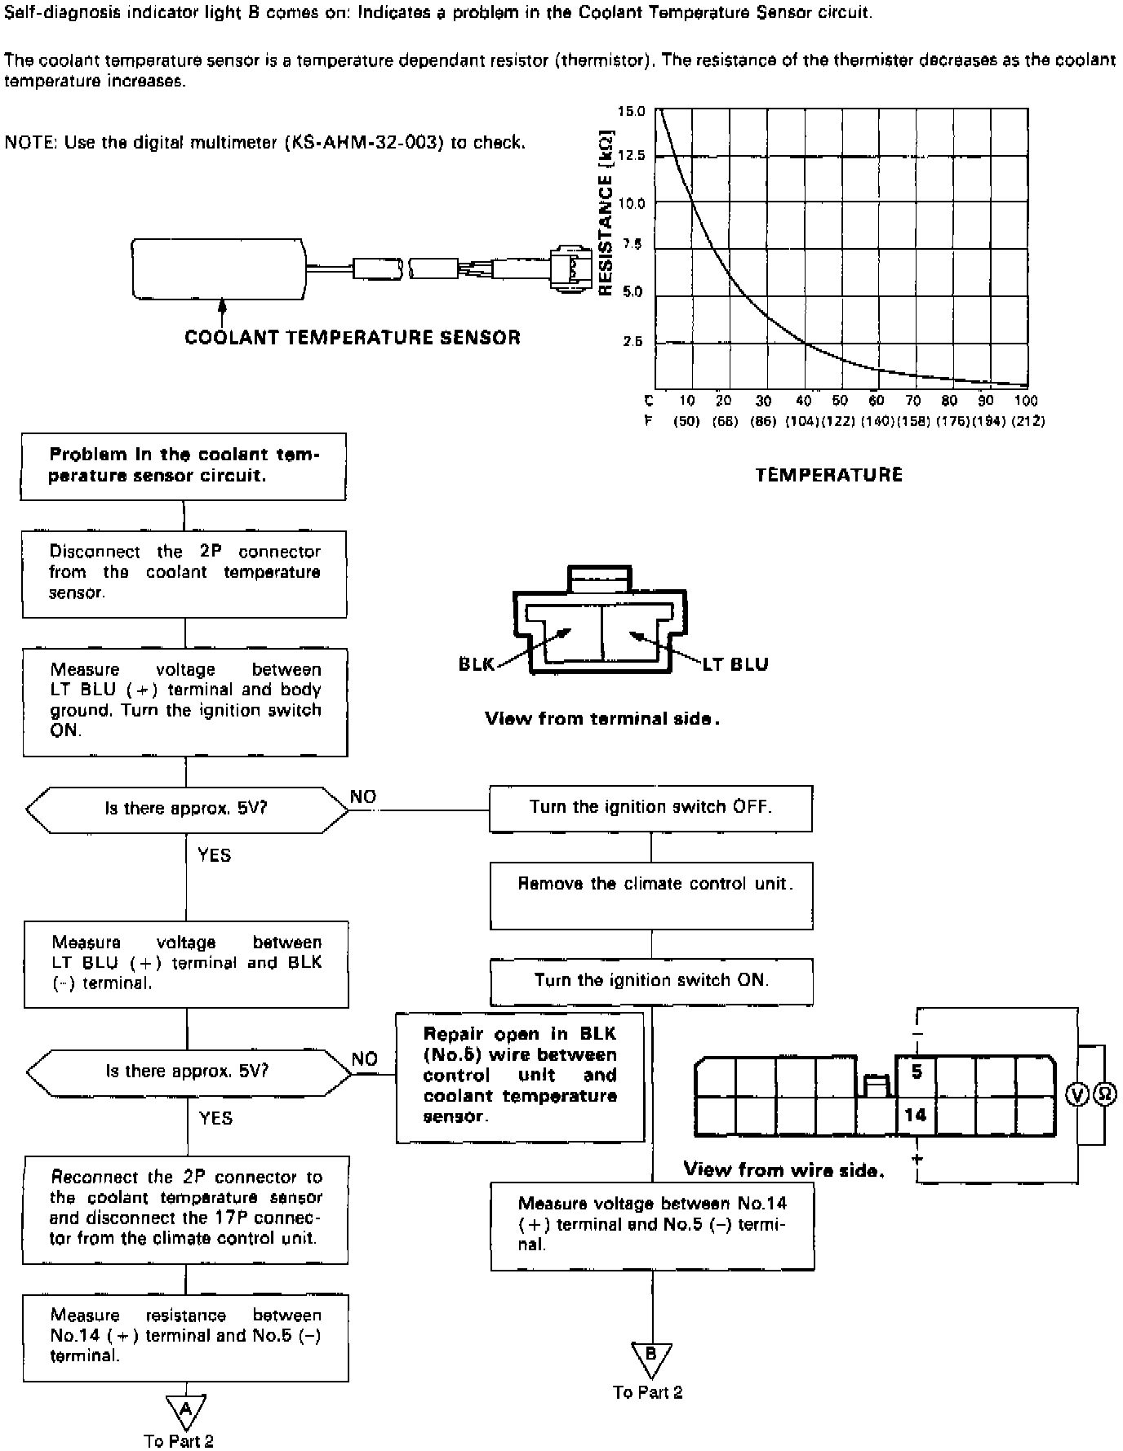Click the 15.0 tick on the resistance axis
[x=632, y=112]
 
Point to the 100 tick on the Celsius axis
[x=1026, y=401]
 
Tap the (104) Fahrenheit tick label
[x=802, y=421]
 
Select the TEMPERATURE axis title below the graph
[x=829, y=475]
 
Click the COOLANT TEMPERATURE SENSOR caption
[x=353, y=338]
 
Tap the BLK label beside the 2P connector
[x=477, y=664]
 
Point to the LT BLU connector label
[x=735, y=664]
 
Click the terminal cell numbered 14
[x=916, y=1115]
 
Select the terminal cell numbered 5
[x=916, y=1072]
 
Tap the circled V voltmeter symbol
[x=1078, y=1094]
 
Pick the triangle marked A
[x=185, y=1408]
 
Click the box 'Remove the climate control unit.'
[x=651, y=894]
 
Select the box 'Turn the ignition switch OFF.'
[x=650, y=808]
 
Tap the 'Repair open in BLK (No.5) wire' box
[x=520, y=1076]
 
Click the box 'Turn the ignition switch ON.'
[x=651, y=980]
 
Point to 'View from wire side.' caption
[x=783, y=1169]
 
